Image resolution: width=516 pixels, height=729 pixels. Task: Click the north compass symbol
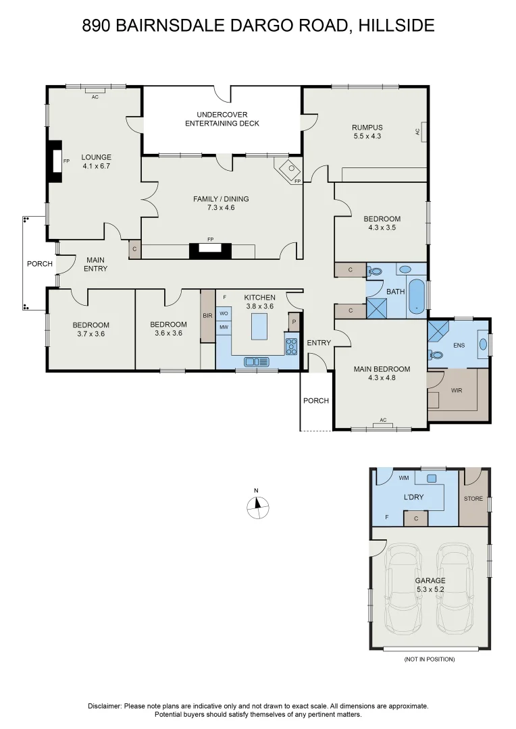coord(257,507)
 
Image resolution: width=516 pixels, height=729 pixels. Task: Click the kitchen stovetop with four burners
coord(291,346)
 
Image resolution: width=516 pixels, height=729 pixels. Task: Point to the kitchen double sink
coord(257,361)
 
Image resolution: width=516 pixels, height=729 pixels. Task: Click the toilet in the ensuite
coord(436,355)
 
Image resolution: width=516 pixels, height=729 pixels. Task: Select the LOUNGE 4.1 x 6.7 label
coord(97,161)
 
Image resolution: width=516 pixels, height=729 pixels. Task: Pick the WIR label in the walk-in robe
coord(457,391)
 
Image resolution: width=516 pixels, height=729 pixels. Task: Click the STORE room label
coord(473,498)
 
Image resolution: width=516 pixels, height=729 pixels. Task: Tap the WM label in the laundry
coord(404,477)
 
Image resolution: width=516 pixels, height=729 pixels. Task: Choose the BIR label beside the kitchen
coord(207,316)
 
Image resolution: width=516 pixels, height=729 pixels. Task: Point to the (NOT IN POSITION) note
coord(430,659)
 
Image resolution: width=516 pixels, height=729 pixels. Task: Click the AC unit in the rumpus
coord(424,132)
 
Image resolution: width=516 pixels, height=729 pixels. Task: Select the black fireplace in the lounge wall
coord(55,161)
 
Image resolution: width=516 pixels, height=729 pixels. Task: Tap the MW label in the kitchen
coord(224,327)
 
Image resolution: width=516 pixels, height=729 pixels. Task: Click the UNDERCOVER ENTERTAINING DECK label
coord(222,119)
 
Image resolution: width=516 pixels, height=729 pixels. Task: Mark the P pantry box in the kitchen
coord(294,321)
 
